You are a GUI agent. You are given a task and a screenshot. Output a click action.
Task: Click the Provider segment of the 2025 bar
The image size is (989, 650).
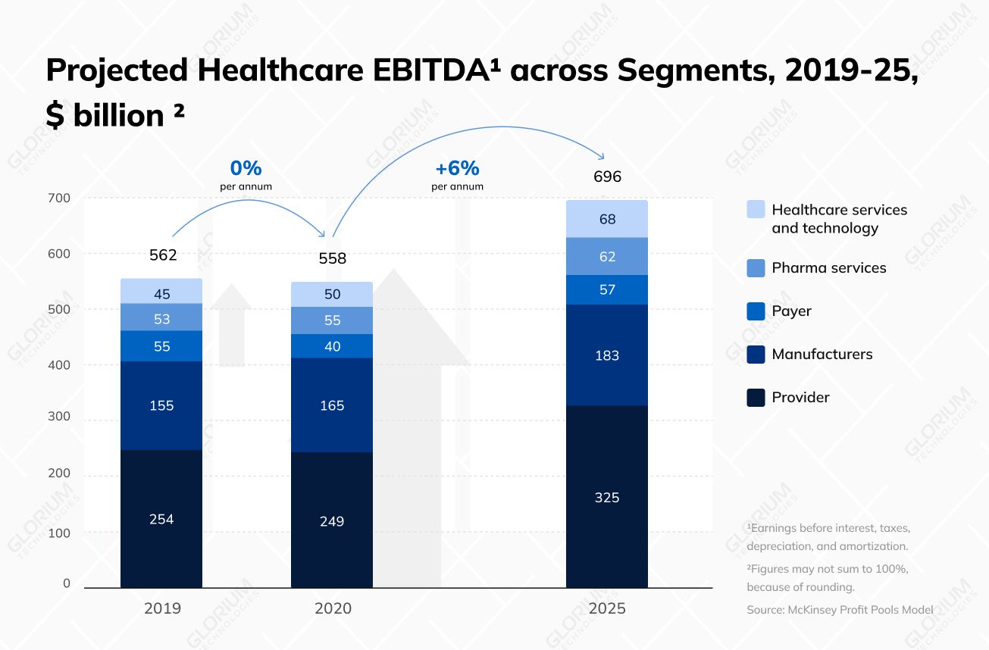[x=606, y=496]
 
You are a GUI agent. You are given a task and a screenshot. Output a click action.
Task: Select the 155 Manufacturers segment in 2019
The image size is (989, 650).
[x=161, y=405]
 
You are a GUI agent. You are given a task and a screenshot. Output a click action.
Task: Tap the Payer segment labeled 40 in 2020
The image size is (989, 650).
[x=332, y=346]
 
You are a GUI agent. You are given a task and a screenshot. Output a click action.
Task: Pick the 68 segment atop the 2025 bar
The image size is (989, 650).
[x=606, y=219]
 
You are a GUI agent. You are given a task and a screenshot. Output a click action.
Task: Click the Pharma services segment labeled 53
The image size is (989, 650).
[x=161, y=319]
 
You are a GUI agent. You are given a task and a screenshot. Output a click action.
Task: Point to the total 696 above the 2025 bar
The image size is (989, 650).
[x=607, y=177]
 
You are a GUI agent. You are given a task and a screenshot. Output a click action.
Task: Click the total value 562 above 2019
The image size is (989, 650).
[x=163, y=255]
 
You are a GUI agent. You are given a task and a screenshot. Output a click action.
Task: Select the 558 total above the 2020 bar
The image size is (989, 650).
[x=332, y=259]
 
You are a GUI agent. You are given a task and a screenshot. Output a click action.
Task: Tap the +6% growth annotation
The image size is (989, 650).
[x=457, y=169]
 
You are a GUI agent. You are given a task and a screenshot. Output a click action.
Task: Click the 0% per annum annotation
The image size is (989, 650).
[x=246, y=169]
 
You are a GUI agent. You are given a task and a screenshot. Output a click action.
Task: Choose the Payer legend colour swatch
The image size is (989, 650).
[x=756, y=311]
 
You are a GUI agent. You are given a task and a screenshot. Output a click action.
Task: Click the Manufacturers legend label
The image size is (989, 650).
[x=822, y=354]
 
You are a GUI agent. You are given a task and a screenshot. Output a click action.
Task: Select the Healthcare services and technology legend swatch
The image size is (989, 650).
[x=756, y=210]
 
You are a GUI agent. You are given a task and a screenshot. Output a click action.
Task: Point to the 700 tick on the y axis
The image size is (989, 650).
[x=59, y=198]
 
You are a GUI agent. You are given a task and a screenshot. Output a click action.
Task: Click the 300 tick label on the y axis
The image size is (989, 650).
[x=59, y=417]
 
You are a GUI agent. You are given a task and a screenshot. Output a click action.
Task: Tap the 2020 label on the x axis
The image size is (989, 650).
[x=333, y=608]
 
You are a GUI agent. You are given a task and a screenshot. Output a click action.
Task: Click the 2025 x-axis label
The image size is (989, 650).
[x=607, y=608]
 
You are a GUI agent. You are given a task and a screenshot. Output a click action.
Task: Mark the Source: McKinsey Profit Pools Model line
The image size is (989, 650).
[x=840, y=609]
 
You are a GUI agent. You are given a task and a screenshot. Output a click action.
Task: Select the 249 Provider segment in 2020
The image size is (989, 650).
[x=332, y=521]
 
